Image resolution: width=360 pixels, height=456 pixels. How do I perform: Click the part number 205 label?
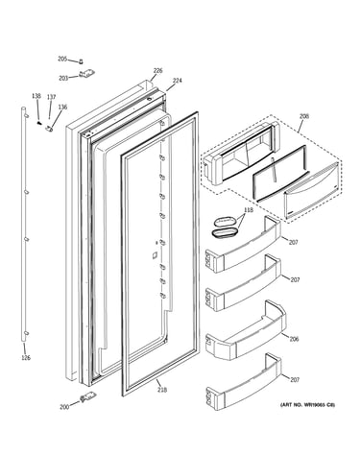click(62, 59)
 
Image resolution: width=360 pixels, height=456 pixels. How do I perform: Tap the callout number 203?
click(63, 78)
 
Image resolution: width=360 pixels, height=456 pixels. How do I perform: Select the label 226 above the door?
click(157, 70)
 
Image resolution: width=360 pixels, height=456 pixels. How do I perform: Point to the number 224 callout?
click(177, 81)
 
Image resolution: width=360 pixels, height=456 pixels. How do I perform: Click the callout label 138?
click(36, 96)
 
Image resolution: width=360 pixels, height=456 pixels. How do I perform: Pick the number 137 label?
click(51, 97)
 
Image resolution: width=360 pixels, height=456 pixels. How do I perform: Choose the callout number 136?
click(62, 107)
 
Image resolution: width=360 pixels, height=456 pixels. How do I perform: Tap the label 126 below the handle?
click(26, 358)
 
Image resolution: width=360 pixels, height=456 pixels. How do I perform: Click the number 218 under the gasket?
click(162, 390)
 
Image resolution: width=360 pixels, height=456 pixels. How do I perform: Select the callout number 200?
click(64, 407)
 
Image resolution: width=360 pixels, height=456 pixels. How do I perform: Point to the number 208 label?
click(304, 116)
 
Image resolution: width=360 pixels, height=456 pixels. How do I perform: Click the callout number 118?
click(249, 210)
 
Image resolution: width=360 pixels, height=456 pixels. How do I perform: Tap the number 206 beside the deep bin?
click(294, 339)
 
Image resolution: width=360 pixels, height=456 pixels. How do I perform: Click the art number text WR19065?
click(315, 405)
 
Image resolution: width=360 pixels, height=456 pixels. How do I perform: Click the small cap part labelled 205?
click(81, 60)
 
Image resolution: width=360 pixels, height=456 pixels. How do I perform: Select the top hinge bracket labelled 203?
click(87, 74)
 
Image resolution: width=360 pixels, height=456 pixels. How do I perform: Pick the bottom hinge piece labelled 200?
click(86, 397)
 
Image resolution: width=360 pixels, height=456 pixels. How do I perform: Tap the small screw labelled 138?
click(39, 122)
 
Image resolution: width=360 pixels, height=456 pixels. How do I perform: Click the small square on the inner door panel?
click(155, 254)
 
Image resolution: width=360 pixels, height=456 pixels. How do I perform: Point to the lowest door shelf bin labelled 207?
click(244, 386)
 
